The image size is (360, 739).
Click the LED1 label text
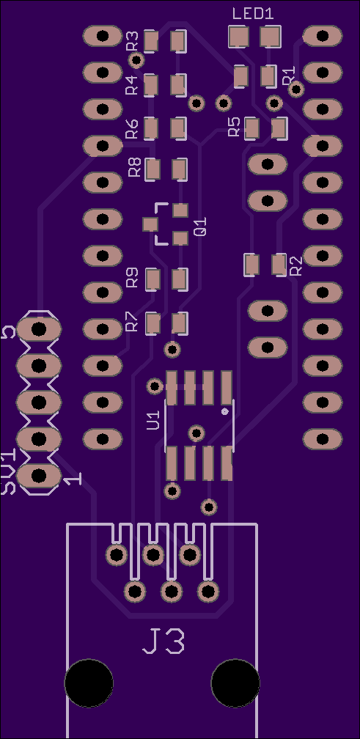pyautogui.click(x=252, y=14)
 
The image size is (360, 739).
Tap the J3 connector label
pyautogui.click(x=164, y=641)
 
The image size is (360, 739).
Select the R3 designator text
pyautogui.click(x=133, y=40)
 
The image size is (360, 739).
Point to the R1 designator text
pyautogui.click(x=288, y=76)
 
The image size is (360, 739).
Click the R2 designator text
pyautogui.click(x=296, y=266)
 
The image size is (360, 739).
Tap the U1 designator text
pyautogui.click(x=154, y=420)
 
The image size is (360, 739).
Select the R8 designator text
pyautogui.click(x=135, y=167)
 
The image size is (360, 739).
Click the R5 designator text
pyautogui.click(x=234, y=127)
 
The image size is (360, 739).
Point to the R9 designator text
pyautogui.click(x=133, y=278)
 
